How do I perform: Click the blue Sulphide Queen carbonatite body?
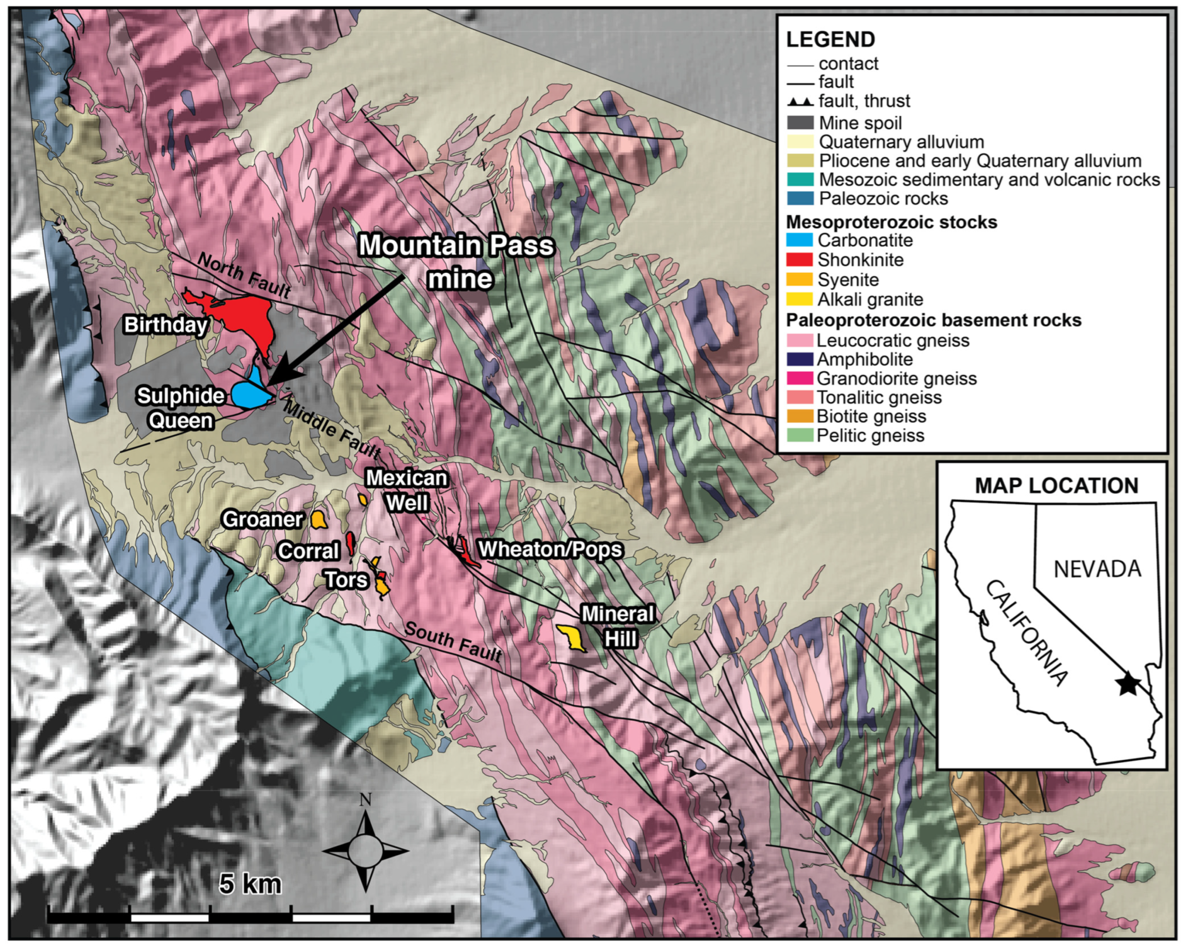tap(248, 393)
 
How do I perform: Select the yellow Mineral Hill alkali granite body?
tap(572, 638)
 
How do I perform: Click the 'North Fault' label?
tap(243, 275)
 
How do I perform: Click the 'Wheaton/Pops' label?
tap(550, 549)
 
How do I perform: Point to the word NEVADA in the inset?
tap(1097, 569)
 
